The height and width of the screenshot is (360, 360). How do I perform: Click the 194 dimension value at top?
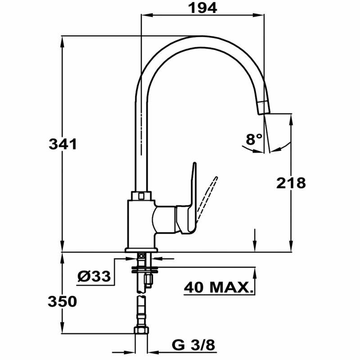tap(202, 7)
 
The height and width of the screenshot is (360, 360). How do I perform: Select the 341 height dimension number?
tap(63, 144)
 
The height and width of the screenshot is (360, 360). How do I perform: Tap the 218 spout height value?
tap(291, 183)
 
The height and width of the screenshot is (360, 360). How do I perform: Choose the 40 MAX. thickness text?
tap(217, 287)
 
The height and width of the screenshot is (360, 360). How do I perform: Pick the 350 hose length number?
tap(63, 301)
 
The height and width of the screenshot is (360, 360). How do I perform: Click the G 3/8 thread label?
tap(194, 345)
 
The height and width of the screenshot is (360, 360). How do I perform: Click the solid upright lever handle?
tap(193, 189)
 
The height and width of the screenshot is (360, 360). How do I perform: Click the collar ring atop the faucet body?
tap(141, 196)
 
